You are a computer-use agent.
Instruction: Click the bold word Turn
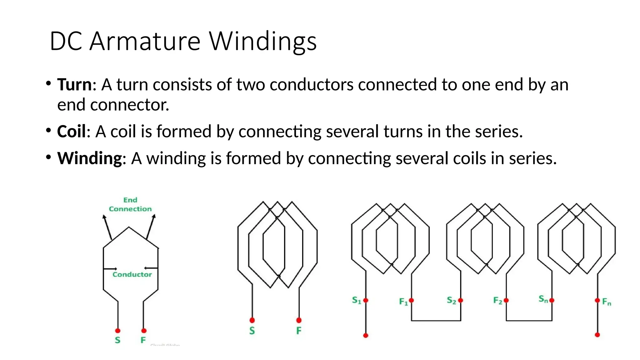pyautogui.click(x=74, y=85)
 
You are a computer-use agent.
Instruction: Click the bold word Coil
pyautogui.click(x=71, y=131)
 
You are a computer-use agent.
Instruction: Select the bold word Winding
pyautogui.click(x=89, y=158)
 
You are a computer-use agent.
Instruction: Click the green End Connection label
pyautogui.click(x=130, y=204)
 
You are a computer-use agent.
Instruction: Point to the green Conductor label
pyautogui.click(x=132, y=274)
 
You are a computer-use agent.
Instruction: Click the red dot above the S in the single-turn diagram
pyautogui.click(x=118, y=331)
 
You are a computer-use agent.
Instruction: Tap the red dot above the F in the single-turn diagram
pyautogui.click(x=144, y=331)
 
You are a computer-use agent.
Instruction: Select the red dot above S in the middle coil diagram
pyautogui.click(x=252, y=320)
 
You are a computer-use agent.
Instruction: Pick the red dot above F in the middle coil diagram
pyautogui.click(x=299, y=320)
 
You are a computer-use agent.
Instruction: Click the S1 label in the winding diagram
pyautogui.click(x=356, y=300)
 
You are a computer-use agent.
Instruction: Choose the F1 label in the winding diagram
pyautogui.click(x=403, y=302)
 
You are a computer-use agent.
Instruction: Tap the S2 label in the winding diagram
pyautogui.click(x=451, y=300)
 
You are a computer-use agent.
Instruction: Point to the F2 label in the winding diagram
pyautogui.click(x=497, y=301)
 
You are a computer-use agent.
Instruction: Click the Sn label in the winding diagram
pyautogui.click(x=543, y=299)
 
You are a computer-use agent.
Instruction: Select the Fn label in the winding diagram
pyautogui.click(x=607, y=302)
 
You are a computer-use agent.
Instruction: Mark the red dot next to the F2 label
pyautogui.click(x=506, y=300)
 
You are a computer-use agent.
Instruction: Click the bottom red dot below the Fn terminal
pyautogui.click(x=597, y=335)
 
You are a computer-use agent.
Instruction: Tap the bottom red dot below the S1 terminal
pyautogui.click(x=366, y=335)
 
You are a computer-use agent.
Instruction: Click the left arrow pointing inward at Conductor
pyautogui.click(x=110, y=268)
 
